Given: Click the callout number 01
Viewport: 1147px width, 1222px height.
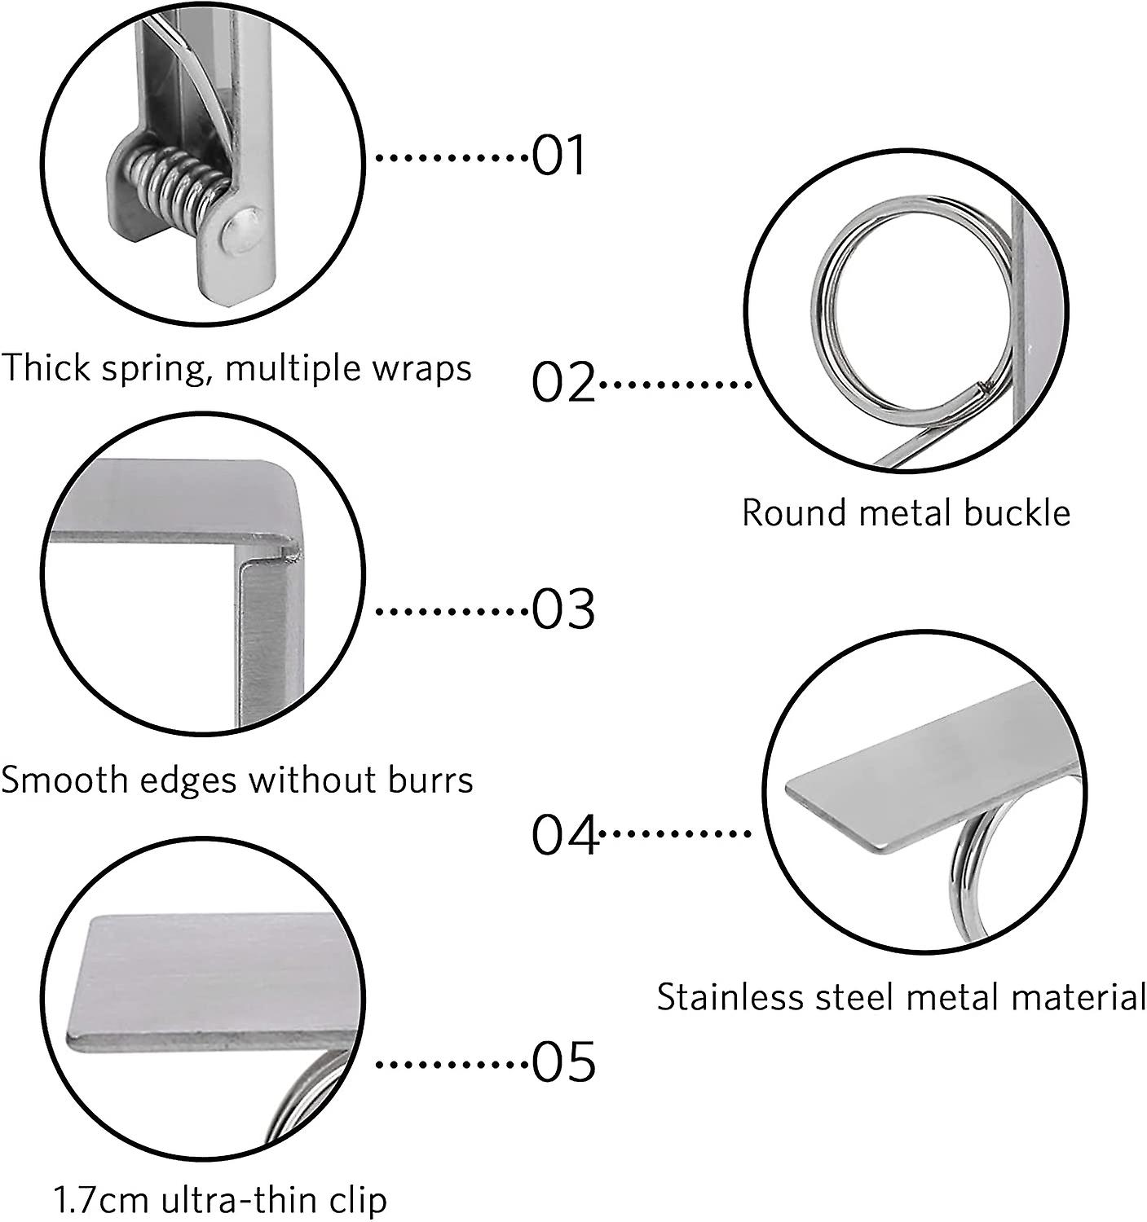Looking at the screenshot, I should tap(558, 156).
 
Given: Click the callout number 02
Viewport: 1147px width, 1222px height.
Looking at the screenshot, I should tap(563, 382).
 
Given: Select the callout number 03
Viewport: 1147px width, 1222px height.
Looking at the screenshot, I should tap(563, 609).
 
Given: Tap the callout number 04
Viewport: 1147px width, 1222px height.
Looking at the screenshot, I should tap(565, 834).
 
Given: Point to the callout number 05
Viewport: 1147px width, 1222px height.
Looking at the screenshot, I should tap(563, 1062).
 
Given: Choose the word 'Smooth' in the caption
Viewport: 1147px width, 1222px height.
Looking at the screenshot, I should tap(58, 780).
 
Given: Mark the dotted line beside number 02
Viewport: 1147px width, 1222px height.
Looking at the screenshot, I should tap(674, 382).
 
